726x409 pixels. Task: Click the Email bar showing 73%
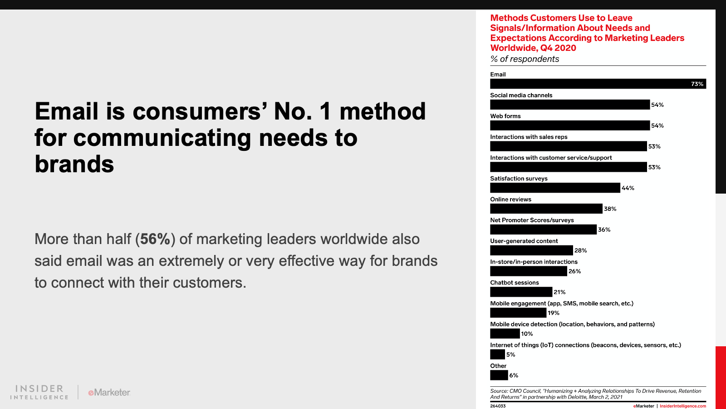tap(598, 84)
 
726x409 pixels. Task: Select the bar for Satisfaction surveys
tap(555, 188)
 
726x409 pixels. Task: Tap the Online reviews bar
tap(546, 209)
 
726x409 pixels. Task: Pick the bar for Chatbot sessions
tap(521, 292)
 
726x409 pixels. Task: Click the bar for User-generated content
tap(531, 250)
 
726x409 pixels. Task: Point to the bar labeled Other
tap(499, 375)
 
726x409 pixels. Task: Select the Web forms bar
tap(570, 125)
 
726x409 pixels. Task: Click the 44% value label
tap(628, 188)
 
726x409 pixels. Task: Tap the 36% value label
tap(604, 229)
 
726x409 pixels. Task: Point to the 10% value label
tap(527, 334)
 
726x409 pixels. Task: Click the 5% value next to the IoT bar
tap(511, 354)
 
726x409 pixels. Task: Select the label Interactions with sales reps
tap(529, 137)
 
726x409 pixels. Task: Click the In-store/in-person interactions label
tap(534, 262)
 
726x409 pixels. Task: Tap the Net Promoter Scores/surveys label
tap(532, 220)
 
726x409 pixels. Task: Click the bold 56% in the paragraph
tap(155, 239)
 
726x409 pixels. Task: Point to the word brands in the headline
tap(74, 164)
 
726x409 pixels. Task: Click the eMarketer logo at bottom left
tap(109, 393)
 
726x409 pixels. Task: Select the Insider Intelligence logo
tap(39, 392)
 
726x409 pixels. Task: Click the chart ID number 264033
tap(498, 406)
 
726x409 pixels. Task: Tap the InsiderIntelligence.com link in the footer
tap(683, 406)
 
